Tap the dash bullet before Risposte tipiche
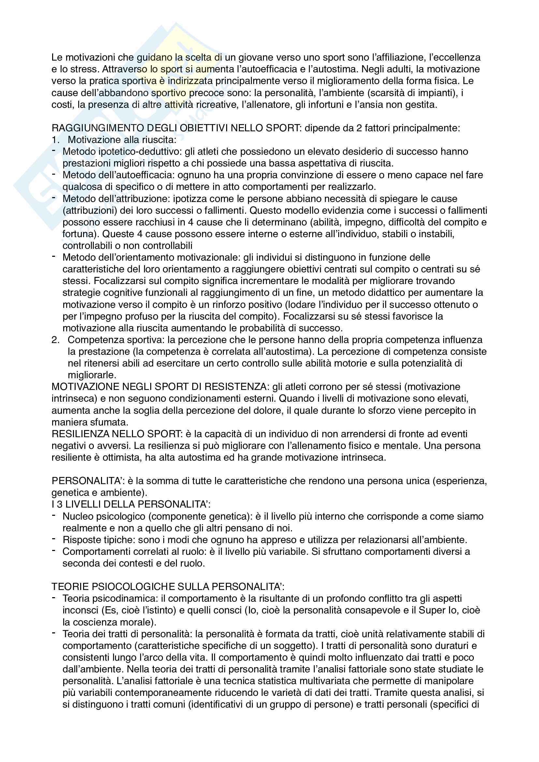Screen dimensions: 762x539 click(x=54, y=539)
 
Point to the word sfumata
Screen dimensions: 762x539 click(x=109, y=423)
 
